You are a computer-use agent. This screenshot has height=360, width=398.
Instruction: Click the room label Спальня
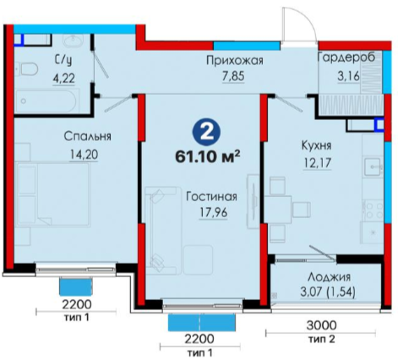click(x=88, y=136)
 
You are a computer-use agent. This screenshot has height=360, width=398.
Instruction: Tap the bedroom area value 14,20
click(x=84, y=155)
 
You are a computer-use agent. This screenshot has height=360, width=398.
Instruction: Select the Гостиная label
click(x=211, y=197)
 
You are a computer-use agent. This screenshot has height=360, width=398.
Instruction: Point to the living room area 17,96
click(x=213, y=213)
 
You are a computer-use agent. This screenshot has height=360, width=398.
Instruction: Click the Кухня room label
click(x=316, y=145)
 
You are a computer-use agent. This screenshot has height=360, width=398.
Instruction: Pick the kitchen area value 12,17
click(x=317, y=163)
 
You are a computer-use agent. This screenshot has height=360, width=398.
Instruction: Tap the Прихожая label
click(x=235, y=61)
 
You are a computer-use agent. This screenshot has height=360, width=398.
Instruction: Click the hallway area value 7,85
click(x=233, y=76)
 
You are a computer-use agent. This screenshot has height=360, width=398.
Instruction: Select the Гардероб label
click(x=346, y=57)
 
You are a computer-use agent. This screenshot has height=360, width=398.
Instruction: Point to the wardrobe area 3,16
click(x=349, y=76)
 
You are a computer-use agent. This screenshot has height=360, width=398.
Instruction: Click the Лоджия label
click(x=329, y=277)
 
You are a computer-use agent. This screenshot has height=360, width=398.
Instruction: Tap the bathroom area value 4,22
click(x=64, y=78)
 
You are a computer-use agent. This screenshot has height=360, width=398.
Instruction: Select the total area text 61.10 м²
click(x=208, y=156)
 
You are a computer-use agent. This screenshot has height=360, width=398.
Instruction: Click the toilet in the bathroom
click(x=27, y=69)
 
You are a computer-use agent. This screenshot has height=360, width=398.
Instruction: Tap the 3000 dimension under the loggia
click(x=321, y=325)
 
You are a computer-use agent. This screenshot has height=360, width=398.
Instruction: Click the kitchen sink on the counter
click(x=373, y=166)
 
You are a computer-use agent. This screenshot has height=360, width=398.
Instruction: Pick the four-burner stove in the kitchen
click(x=373, y=210)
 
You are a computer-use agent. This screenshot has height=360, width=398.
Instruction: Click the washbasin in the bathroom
click(x=73, y=41)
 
